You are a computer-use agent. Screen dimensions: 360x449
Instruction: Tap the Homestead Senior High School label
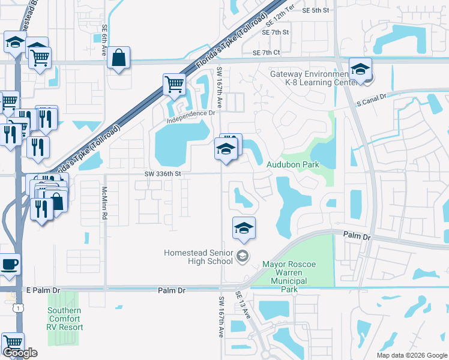[x=198, y=257]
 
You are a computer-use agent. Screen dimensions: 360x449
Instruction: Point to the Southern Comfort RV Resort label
[x=65, y=319]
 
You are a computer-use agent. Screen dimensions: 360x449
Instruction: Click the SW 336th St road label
[x=163, y=174]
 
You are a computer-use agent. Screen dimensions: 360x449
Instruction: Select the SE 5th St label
[x=316, y=10]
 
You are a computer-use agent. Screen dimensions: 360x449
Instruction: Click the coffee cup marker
[x=9, y=265]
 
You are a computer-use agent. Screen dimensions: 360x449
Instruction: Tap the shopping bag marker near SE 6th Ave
[x=119, y=58]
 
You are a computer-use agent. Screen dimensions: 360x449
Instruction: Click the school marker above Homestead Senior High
[x=244, y=228]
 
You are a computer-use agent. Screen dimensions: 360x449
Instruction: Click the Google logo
[x=20, y=353]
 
